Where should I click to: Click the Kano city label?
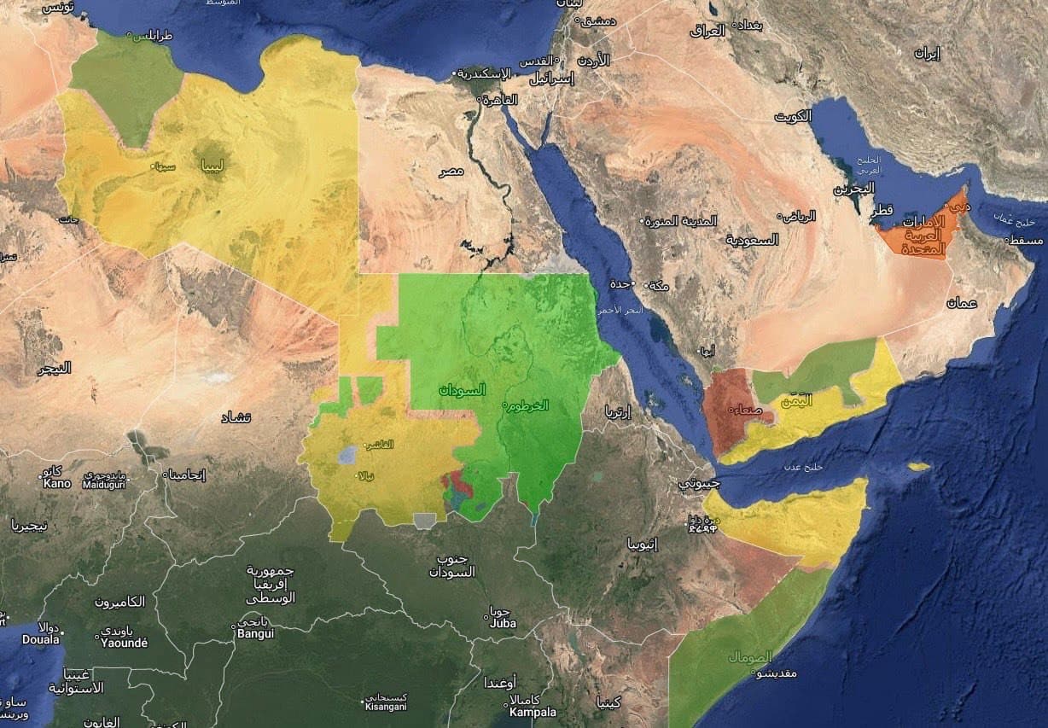tap(57, 483)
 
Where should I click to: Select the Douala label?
tap(41, 638)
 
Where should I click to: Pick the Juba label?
tap(503, 623)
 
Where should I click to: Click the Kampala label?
tap(533, 712)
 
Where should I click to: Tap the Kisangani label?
tap(386, 707)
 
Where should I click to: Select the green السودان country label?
tap(462, 390)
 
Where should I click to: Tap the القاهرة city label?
tap(500, 100)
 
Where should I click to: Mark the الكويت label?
tap(794, 117)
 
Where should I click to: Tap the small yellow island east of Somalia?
tap(918, 467)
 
